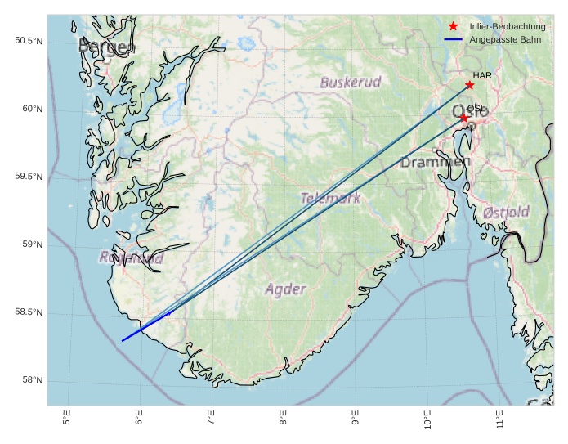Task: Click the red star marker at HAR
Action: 469,85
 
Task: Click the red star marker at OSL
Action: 463,118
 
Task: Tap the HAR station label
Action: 482,75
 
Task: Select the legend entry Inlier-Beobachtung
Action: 508,27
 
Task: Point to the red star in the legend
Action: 454,27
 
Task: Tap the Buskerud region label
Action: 351,83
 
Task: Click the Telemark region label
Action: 330,198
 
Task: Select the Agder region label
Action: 286,289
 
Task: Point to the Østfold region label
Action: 506,212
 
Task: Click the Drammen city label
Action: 435,163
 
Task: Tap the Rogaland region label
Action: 131,258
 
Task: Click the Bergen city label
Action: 105,47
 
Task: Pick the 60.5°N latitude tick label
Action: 29,41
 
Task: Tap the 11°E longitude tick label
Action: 499,420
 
